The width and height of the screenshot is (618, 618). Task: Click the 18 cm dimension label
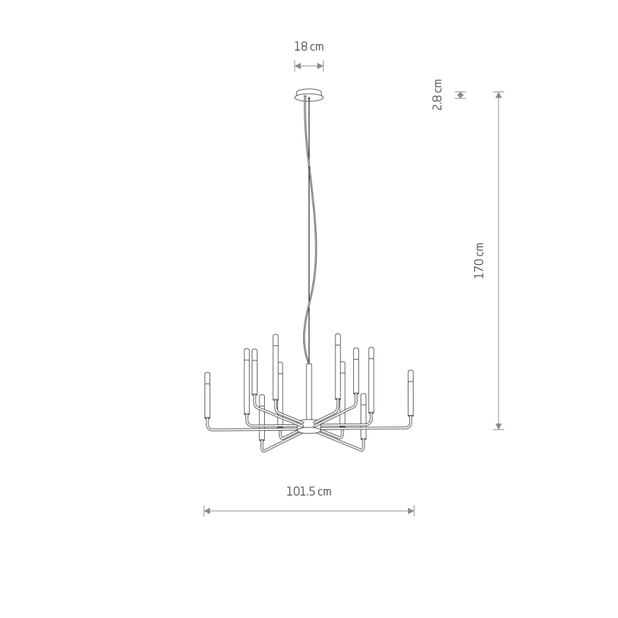308,46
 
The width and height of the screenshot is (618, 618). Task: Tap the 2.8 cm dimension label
437,95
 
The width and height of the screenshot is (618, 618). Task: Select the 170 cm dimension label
478,261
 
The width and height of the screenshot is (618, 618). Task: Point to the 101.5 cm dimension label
308,491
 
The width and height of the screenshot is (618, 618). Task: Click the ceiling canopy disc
310,95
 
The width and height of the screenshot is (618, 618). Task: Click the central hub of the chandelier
309,427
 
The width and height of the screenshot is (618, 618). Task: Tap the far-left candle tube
207,395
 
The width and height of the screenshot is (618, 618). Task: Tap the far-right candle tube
410,393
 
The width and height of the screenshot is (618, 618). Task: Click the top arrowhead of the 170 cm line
498,95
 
